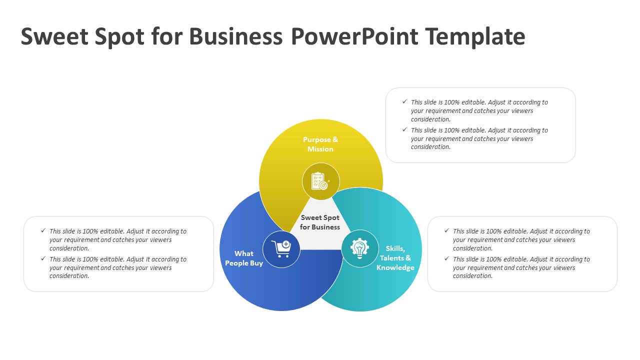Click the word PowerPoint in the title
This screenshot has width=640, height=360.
tap(355, 36)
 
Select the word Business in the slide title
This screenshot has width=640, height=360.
tap(235, 36)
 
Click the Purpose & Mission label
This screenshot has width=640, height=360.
tap(320, 144)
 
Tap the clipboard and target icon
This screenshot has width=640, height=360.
tap(320, 181)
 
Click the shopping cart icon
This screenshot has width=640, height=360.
tap(281, 249)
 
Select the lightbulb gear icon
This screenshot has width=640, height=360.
tap(359, 248)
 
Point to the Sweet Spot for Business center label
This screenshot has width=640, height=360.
tap(320, 222)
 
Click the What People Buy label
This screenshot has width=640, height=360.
tap(244, 258)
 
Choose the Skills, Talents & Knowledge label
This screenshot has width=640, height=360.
tap(395, 258)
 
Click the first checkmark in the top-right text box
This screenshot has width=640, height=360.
tap(405, 101)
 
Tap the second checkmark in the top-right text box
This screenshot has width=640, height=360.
tap(405, 129)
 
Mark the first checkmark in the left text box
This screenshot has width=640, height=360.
tap(43, 230)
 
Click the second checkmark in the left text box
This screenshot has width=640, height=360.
tap(43, 258)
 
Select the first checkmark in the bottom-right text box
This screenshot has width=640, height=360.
tap(447, 230)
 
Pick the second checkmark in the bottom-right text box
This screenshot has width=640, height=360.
tap(447, 258)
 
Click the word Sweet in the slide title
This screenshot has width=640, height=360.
tap(54, 36)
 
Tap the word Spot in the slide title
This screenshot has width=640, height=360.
tap(119, 37)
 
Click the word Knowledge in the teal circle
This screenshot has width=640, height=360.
tap(395, 267)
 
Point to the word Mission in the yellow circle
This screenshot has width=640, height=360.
tap(320, 149)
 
